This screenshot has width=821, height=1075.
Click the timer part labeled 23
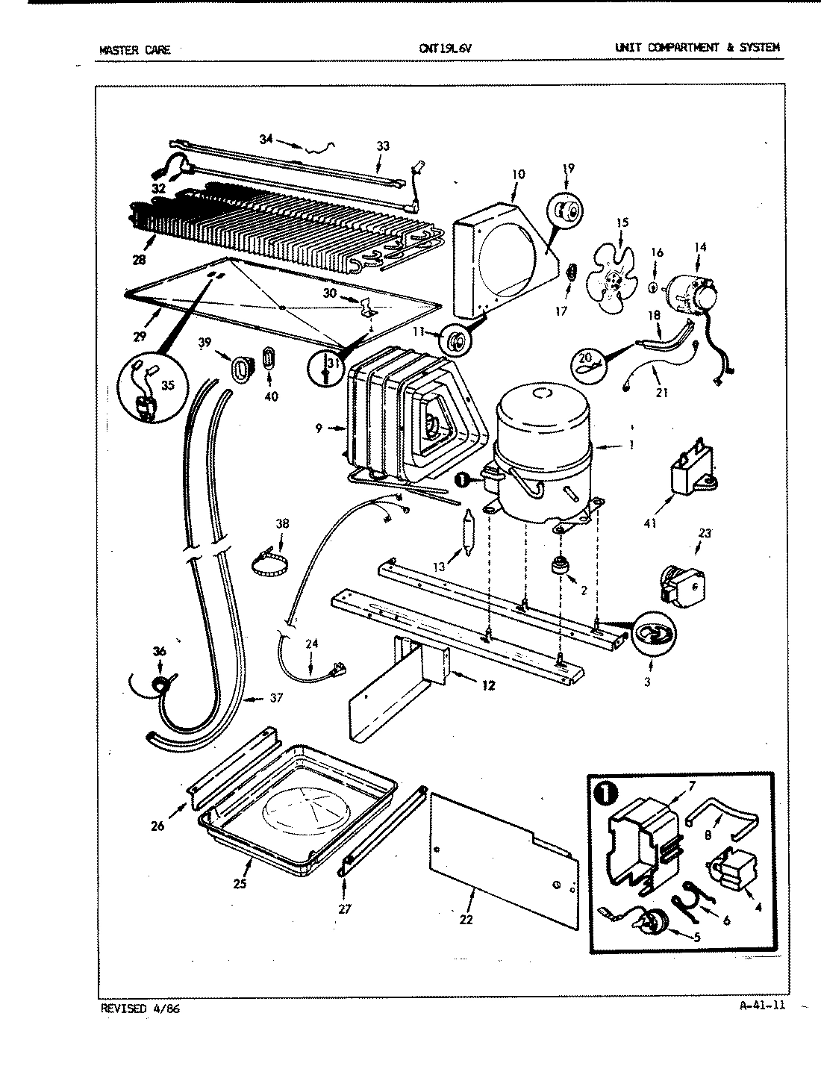click(x=681, y=585)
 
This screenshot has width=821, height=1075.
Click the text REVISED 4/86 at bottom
click(x=140, y=1009)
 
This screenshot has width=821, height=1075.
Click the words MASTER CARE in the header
click(x=134, y=50)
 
